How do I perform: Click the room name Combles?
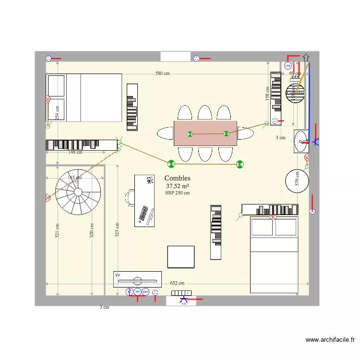(x=177, y=178)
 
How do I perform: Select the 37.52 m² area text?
(x=177, y=186)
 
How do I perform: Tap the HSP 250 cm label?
(x=177, y=193)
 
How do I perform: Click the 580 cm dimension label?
(x=162, y=73)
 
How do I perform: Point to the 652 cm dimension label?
(x=177, y=283)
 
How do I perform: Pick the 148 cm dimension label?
(x=75, y=152)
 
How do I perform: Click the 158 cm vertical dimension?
(x=267, y=93)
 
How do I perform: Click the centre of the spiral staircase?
(x=78, y=191)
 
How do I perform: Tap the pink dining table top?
(x=205, y=133)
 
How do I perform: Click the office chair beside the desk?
(x=130, y=197)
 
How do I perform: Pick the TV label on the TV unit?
(x=117, y=275)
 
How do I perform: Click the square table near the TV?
(x=180, y=257)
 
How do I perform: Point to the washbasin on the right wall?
(x=301, y=141)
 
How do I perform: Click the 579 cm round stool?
(x=297, y=180)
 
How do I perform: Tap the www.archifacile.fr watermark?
(x=330, y=340)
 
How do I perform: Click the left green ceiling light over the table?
(x=190, y=134)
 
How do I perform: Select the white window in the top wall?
(x=175, y=57)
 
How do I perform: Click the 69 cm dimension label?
(x=295, y=73)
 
